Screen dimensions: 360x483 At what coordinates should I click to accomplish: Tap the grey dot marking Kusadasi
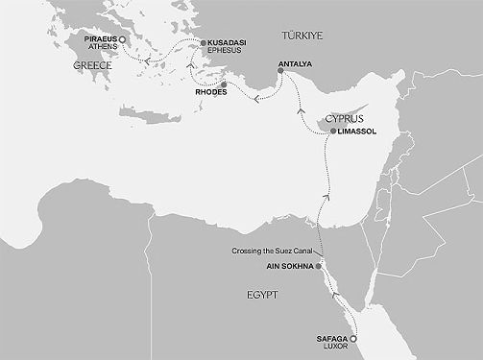click(202, 42)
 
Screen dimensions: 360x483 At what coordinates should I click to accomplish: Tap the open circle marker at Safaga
click(353, 339)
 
